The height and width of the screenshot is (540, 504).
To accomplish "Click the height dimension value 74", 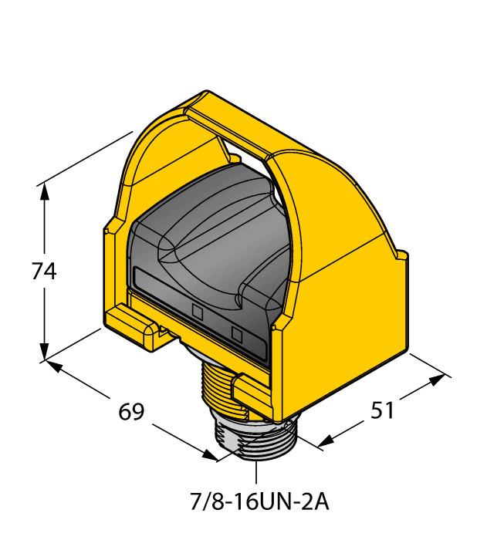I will tap(44, 272).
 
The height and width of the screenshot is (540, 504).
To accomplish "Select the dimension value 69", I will tap(132, 412).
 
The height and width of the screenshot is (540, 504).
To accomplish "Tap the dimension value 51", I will tap(382, 410).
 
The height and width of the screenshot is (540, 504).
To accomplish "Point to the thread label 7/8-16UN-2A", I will tap(259, 502).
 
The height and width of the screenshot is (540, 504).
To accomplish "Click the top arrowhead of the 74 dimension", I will tap(45, 191).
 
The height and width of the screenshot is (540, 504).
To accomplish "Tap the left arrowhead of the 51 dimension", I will tap(325, 441).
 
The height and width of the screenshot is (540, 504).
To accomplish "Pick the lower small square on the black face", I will tap(237, 334).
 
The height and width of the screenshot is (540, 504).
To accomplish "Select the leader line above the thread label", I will tap(258, 471).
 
